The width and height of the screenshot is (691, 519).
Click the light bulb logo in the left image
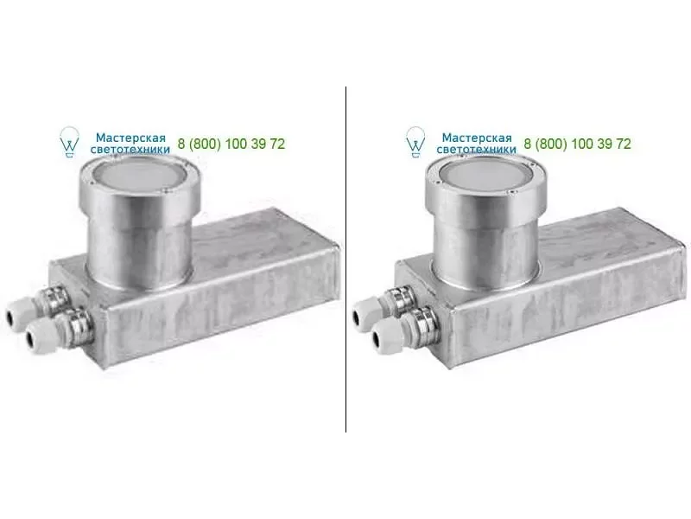click(x=69, y=142)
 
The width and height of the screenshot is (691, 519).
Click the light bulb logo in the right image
click(x=415, y=142)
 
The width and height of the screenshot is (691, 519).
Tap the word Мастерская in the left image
click(x=130, y=138)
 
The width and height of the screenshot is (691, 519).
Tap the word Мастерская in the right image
click(x=477, y=138)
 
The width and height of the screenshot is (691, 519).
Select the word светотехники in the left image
click(x=130, y=149)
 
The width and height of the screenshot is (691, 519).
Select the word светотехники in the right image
click(x=476, y=149)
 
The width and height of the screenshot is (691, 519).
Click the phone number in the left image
click(x=231, y=144)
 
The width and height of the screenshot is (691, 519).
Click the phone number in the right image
click(x=577, y=144)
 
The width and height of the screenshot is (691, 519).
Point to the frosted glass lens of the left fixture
click(x=140, y=175)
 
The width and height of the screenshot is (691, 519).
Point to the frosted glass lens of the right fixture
click(x=486, y=175)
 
